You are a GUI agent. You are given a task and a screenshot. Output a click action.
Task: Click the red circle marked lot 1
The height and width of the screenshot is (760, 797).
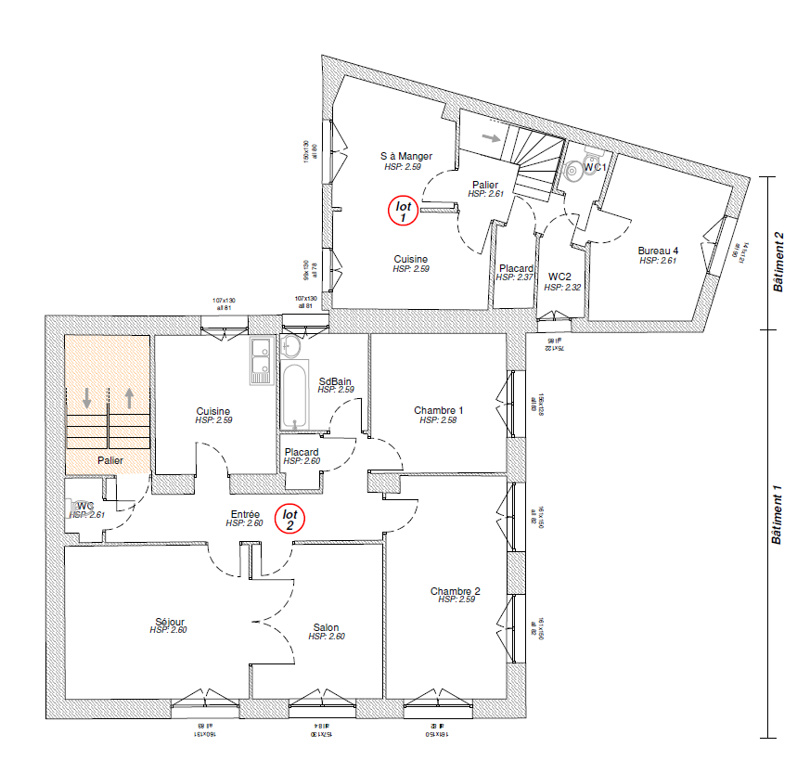(403, 212)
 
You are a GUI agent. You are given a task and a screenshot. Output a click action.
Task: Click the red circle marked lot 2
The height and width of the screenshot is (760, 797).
(289, 519)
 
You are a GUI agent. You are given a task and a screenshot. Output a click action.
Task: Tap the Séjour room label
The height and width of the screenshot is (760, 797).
(170, 622)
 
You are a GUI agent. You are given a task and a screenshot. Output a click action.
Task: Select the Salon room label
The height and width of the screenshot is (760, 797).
(326, 627)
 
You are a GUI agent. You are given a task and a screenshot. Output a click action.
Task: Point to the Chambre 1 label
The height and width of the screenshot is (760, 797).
(439, 410)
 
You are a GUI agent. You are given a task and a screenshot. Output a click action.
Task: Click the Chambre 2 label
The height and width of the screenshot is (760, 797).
(455, 591)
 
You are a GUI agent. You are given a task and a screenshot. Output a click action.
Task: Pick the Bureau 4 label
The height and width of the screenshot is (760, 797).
(658, 251)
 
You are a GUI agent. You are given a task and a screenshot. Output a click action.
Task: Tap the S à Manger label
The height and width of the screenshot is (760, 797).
(406, 156)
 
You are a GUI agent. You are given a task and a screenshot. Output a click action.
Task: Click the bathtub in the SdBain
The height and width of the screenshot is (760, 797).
(295, 395)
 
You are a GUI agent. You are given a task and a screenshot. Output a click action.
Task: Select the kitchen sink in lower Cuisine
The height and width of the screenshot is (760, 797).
(259, 361)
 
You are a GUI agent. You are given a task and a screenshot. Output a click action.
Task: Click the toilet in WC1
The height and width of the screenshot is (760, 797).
(576, 169)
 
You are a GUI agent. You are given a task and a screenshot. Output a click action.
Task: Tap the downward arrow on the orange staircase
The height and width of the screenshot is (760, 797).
(87, 399)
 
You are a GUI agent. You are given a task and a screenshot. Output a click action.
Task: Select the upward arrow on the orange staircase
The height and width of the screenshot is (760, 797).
(128, 399)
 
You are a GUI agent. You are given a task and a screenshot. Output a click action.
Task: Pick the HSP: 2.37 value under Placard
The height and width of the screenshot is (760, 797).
(514, 277)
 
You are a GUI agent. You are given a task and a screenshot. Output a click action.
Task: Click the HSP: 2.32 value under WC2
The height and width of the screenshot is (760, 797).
(560, 288)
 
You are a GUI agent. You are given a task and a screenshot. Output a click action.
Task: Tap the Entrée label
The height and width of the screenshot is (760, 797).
(245, 514)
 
